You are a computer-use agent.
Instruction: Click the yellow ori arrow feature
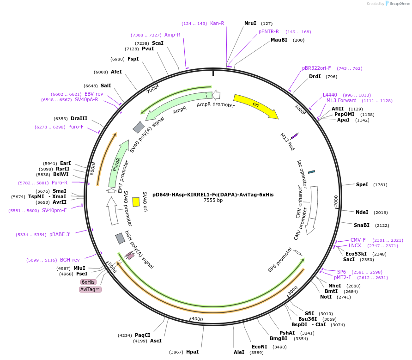click(255, 106)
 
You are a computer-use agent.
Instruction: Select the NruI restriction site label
click(250, 23)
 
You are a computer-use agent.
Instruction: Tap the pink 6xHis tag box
click(88, 282)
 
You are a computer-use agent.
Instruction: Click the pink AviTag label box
click(90, 289)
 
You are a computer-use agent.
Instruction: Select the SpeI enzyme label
click(362, 184)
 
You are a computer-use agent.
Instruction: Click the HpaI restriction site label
click(192, 352)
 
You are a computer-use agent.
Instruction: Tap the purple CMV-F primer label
click(357, 240)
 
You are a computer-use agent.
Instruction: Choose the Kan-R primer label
click(217, 23)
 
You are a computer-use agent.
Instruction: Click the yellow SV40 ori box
click(136, 202)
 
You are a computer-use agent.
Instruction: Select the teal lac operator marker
click(311, 172)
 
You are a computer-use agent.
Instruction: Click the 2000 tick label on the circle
click(336, 201)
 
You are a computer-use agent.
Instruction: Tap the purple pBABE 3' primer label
click(60, 234)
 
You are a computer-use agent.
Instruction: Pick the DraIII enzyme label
click(79, 118)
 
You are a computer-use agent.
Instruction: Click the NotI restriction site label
click(326, 297)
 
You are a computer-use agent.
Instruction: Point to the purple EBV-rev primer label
click(94, 94)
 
